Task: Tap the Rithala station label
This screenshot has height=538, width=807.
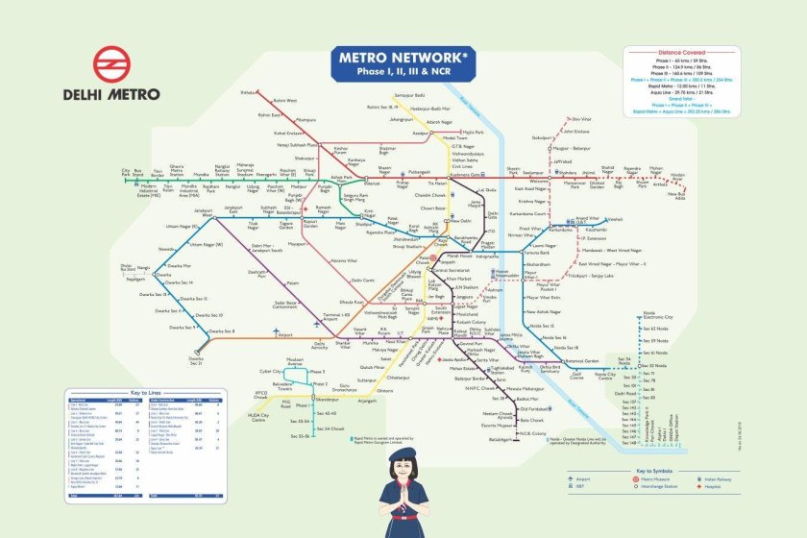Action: point(249,92)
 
